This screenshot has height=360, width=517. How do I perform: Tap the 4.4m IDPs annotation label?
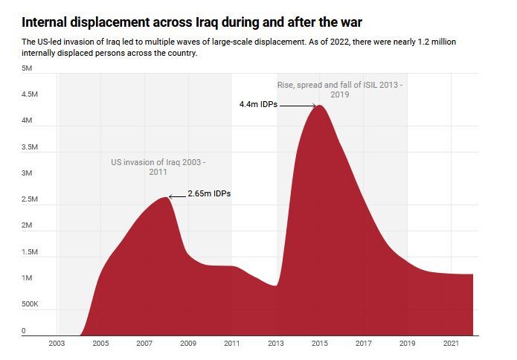pos(258,105)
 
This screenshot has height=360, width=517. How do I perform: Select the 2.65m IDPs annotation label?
pos(209,194)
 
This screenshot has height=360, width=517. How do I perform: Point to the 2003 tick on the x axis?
pos(57,344)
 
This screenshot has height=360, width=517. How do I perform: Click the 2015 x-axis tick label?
pos(320,344)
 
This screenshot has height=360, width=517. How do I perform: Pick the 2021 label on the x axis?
pos(452,344)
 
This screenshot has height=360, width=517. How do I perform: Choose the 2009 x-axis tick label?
pos(188,344)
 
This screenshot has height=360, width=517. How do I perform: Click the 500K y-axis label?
pos(29,304)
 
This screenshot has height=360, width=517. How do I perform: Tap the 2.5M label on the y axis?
pos(29,199)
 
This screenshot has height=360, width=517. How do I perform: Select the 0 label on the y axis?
pos(23,331)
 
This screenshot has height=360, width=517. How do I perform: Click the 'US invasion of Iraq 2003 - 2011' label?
pos(158,167)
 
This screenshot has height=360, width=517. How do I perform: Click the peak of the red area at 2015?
pos(320,106)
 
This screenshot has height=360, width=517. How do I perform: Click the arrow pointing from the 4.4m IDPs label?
pos(298,106)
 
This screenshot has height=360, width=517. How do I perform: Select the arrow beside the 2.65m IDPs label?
pos(176,196)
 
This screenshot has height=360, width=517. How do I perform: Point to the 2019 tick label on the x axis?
pos(408,344)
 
